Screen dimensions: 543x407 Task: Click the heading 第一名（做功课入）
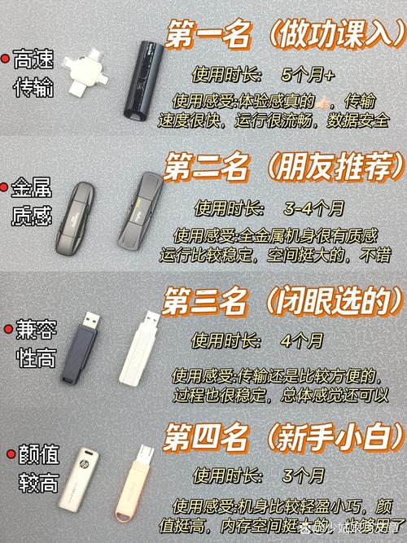[x=283, y=37]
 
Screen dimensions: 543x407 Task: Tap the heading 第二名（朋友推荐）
[x=283, y=170]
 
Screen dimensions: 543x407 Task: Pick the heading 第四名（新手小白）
[x=283, y=439]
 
